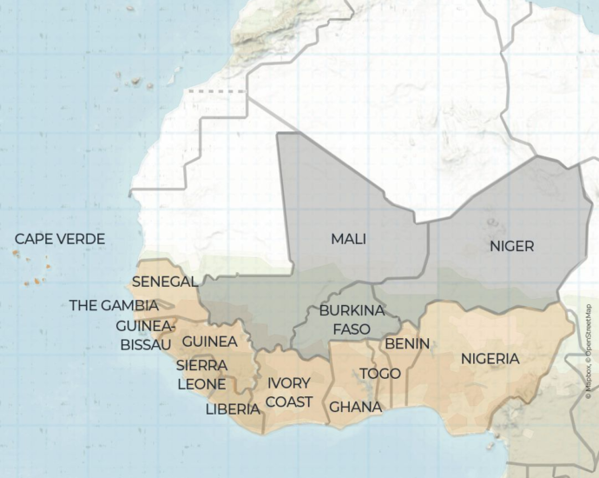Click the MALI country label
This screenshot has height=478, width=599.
point(348,239)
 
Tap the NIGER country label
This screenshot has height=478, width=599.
point(511,246)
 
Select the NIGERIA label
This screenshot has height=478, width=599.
point(490,358)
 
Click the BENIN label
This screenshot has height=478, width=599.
point(407,343)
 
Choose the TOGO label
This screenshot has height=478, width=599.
point(380,374)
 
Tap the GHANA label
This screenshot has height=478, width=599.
point(355,407)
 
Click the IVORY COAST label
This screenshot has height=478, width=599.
point(289,392)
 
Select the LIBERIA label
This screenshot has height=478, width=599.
point(233,408)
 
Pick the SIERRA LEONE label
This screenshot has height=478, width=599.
point(201,375)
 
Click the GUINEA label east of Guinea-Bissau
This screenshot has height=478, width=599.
point(210,341)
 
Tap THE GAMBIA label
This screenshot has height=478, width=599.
point(114,305)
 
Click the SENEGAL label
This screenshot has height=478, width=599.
point(165,282)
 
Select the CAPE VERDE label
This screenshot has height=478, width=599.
point(60,239)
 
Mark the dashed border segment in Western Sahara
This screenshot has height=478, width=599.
point(206,90)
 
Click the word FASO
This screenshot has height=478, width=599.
point(352,329)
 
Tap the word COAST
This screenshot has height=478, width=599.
point(289,402)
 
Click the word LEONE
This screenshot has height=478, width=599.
point(201,384)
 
